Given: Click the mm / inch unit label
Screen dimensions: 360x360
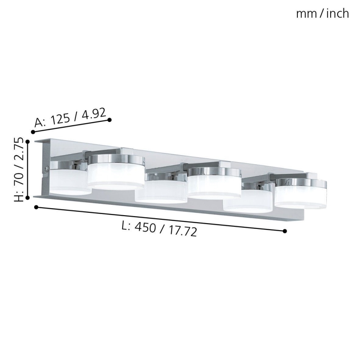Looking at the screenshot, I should point(322,14).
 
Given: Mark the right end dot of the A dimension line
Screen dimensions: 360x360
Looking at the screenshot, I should point(109,120).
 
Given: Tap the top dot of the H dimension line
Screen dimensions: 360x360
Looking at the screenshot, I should point(28,141).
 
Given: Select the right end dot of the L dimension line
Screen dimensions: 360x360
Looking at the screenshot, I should point(285,231).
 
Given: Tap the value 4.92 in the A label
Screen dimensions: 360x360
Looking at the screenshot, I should point(93,113).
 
